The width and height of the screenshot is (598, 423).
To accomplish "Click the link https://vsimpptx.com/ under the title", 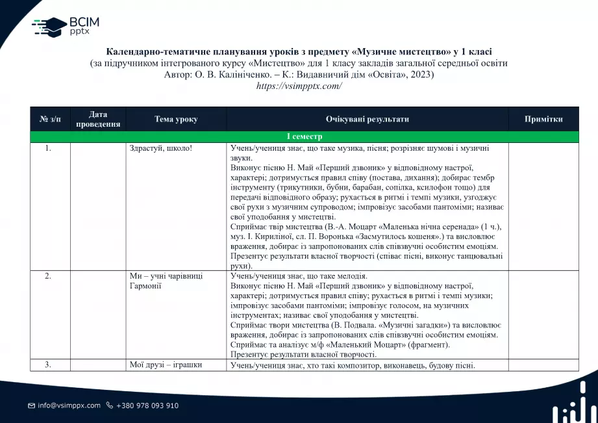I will click(299, 86).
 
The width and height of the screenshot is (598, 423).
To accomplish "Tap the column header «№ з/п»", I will click(50, 119).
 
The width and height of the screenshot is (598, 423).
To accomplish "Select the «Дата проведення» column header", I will click(98, 119).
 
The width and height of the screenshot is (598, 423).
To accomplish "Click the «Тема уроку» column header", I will click(176, 119).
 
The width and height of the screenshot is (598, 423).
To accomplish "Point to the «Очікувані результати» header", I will click(367, 119).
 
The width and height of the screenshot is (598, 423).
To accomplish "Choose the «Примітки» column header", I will click(543, 119).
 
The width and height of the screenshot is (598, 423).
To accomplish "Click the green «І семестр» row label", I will click(304, 137).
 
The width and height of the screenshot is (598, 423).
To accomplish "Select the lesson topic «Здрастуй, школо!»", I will click(161, 148).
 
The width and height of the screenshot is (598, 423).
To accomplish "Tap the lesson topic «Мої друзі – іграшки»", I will click(166, 365).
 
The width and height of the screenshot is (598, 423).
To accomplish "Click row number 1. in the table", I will click(48, 148).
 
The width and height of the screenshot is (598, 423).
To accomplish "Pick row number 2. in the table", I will click(48, 276).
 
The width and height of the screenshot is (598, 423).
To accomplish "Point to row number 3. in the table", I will click(48, 365).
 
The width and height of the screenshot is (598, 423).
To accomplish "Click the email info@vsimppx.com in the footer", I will click(69, 405).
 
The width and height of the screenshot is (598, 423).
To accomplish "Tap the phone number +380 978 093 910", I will click(147, 405).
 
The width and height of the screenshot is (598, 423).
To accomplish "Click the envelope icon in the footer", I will click(31, 405).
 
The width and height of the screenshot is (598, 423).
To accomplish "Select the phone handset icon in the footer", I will click(109, 405).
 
